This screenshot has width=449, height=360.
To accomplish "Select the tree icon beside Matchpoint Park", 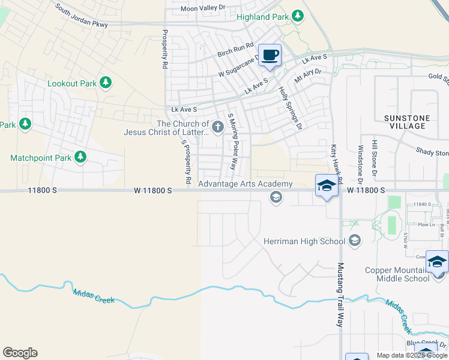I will tap(80, 158).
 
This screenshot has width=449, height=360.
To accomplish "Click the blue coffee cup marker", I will tap(270, 55).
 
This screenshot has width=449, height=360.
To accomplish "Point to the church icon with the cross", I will tap(217, 127).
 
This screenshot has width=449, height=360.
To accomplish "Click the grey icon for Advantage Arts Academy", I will tap(276, 197).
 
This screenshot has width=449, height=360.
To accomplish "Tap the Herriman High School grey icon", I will tap(354, 241).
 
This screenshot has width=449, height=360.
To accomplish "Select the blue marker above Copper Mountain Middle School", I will tap(437, 262).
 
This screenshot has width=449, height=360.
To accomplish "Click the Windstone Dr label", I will tap(361, 164).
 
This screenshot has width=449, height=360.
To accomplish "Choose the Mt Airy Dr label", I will tap(308, 76).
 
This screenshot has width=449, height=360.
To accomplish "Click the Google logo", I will tap(20, 353).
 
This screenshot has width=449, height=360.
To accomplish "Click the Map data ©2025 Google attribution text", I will tap(412, 355).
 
